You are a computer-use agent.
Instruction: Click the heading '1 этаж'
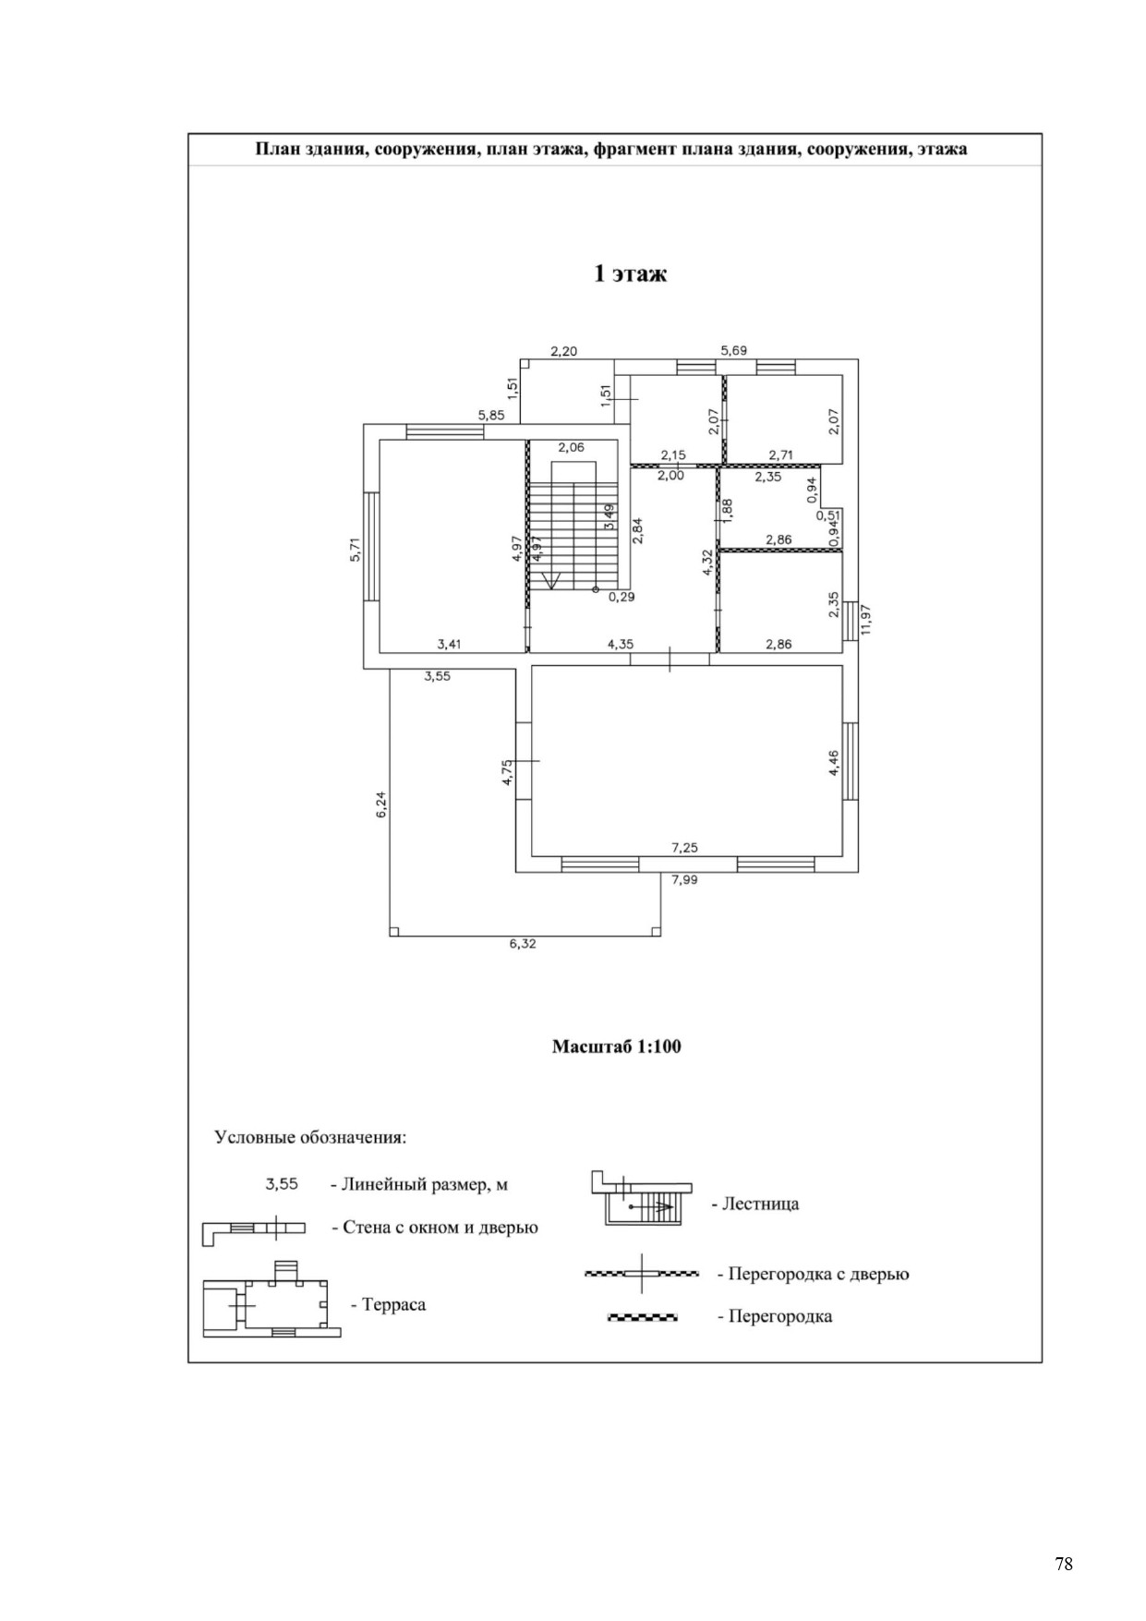point(629,273)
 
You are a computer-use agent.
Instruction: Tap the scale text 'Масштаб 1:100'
point(616,1046)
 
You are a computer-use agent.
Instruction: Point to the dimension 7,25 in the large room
point(684,847)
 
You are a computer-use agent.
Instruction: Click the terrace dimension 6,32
point(523,943)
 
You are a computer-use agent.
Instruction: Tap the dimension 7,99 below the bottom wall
point(684,879)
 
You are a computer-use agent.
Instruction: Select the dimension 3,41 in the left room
point(449,644)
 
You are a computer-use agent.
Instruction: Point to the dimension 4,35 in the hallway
point(620,644)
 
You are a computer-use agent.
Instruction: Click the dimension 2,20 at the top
point(563,351)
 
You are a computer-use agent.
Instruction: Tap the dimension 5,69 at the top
point(733,350)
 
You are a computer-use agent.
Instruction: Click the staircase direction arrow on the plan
point(551,579)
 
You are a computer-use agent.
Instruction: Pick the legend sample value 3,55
point(282,1183)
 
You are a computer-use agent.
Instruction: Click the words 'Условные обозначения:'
point(310,1137)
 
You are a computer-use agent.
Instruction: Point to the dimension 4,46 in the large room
point(833,763)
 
